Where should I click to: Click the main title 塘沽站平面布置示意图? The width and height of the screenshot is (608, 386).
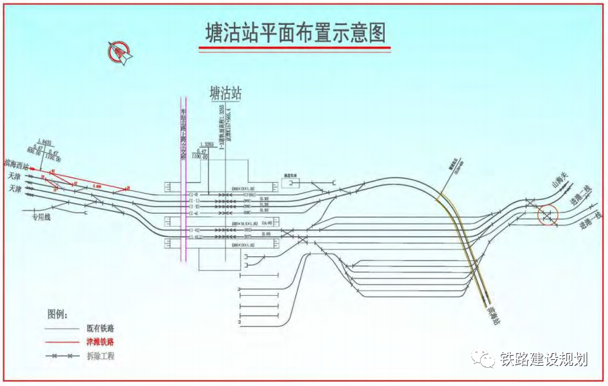point(295,34)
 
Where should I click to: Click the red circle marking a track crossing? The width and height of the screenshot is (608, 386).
point(548,215)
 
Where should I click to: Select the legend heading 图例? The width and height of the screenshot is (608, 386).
point(59,313)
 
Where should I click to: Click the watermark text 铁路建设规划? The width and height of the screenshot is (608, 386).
point(544,358)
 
